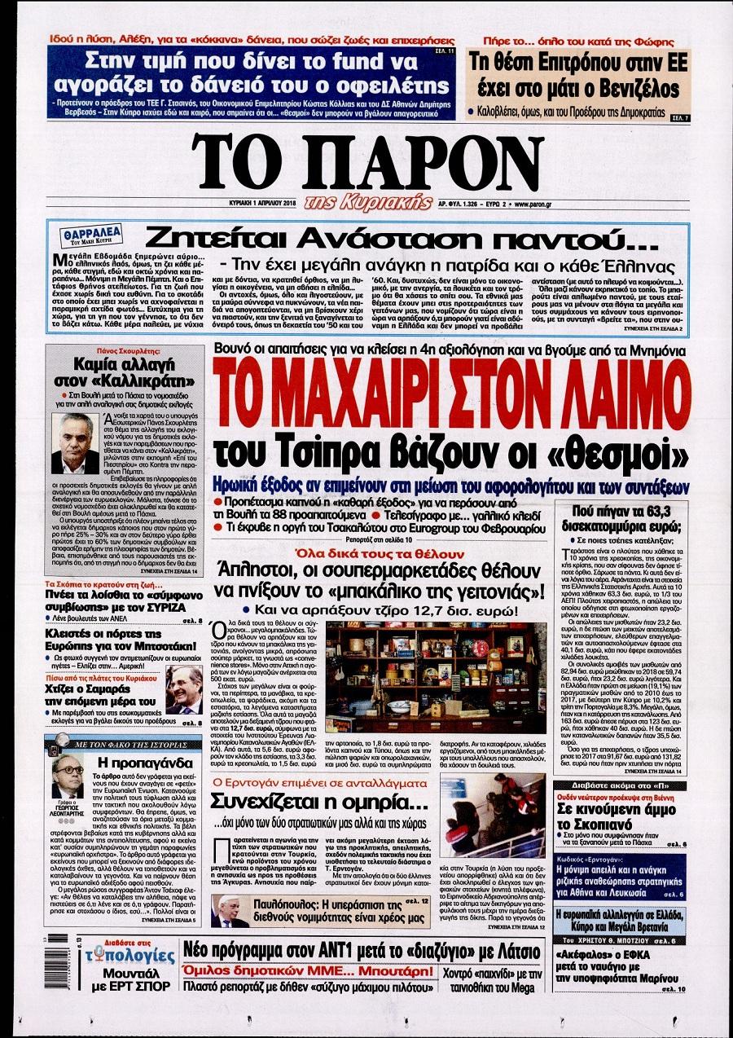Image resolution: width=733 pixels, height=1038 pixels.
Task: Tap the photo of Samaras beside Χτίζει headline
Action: click(x=185, y=689)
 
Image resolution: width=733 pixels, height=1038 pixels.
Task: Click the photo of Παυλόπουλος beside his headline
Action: click(x=228, y=911)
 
